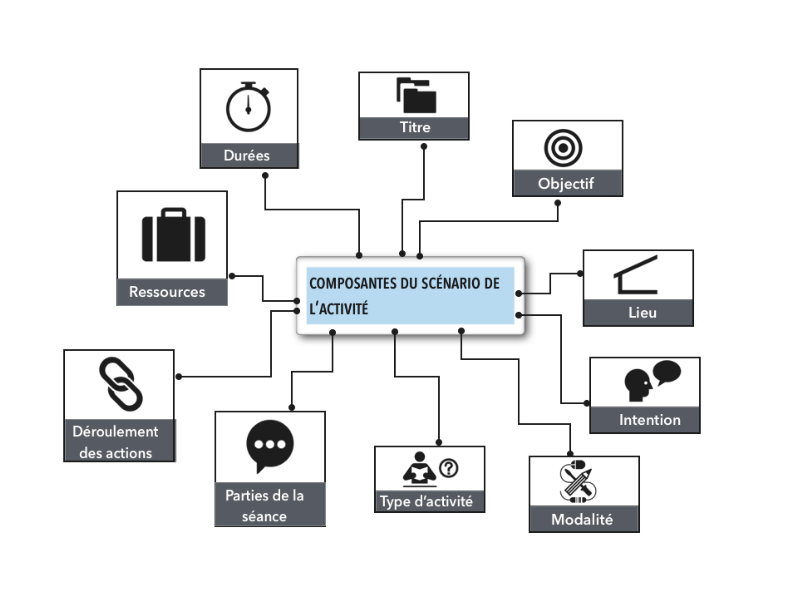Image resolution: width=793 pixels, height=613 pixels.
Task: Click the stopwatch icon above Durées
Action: pos(248,107)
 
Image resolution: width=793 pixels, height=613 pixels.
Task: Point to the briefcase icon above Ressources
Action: pos(173,235)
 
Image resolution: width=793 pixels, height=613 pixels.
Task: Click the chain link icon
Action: pos(121,384)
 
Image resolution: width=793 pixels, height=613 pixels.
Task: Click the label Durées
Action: pos(247,156)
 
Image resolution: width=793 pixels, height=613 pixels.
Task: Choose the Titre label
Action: pos(415,127)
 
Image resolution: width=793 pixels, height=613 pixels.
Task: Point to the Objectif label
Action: pos(566,183)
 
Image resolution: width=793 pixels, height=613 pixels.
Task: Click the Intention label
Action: pos(650,420)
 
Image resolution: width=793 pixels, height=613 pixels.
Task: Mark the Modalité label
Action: pos(582,519)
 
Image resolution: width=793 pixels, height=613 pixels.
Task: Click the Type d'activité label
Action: pos(426,501)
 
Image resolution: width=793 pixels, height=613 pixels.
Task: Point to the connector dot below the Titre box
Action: pos(424,146)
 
